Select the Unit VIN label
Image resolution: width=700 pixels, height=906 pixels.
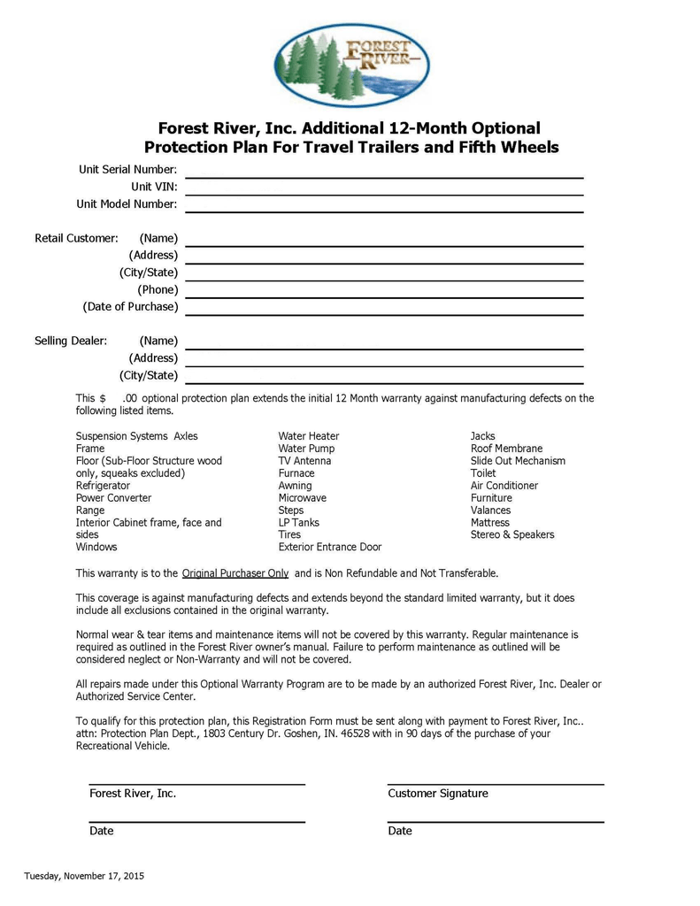(x=154, y=187)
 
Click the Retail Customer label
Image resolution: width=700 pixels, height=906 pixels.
(x=76, y=238)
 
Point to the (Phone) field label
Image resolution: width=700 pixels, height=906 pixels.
(x=158, y=289)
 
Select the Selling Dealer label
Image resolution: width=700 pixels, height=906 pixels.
(x=71, y=341)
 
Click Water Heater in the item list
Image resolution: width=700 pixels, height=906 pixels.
(x=309, y=436)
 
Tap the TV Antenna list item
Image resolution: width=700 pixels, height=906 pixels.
(x=304, y=461)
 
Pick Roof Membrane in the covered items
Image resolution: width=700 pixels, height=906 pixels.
(x=506, y=449)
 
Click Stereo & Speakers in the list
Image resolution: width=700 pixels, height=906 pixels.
(x=512, y=534)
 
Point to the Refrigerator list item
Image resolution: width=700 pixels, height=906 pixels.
(x=103, y=486)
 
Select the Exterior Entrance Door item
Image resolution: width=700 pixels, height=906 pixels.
(x=330, y=547)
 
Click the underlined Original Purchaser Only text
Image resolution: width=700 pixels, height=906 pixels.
(x=235, y=573)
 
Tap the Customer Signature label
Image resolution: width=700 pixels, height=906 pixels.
(x=438, y=794)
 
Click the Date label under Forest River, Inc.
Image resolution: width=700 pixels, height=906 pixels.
(x=102, y=831)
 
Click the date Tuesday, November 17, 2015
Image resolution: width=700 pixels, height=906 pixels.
(x=84, y=876)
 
